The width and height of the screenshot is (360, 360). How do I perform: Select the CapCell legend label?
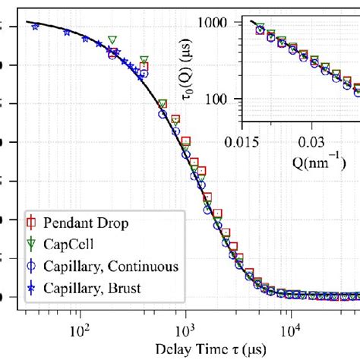[x=69, y=244]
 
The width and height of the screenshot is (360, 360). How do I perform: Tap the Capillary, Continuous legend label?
[x=110, y=266]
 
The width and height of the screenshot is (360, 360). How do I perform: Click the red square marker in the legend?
[x=32, y=223]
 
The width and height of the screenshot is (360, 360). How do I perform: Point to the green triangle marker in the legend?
[x=32, y=244]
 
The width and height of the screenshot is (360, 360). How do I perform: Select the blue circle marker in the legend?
[x=32, y=266]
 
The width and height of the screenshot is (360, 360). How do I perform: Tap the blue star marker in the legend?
[x=32, y=287]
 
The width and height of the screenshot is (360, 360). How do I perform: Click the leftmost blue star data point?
[x=35, y=27]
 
